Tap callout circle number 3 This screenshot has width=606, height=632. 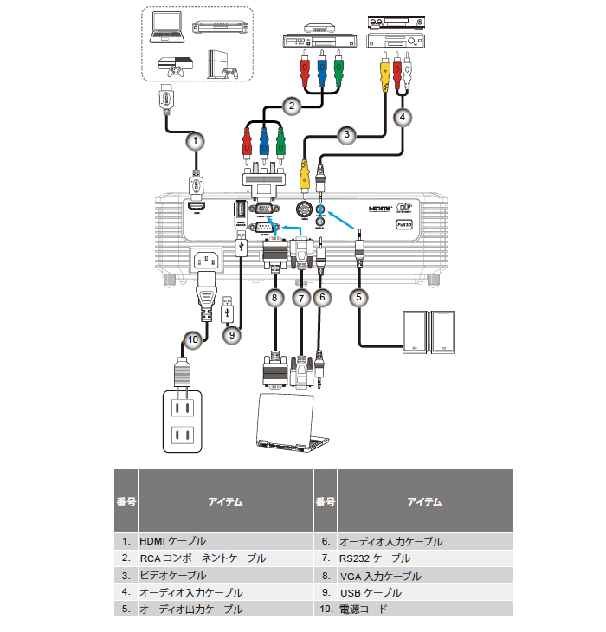coord(346,134)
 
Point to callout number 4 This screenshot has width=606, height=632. coord(402,115)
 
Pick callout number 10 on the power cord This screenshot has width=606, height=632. coord(193,340)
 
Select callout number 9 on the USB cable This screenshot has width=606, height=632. coord(229,332)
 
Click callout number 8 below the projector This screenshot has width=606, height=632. coord(275,297)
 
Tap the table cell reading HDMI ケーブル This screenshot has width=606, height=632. coord(173,541)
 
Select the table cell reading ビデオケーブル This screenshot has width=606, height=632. coord(173,576)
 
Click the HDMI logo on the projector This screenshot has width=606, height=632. coord(380,209)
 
